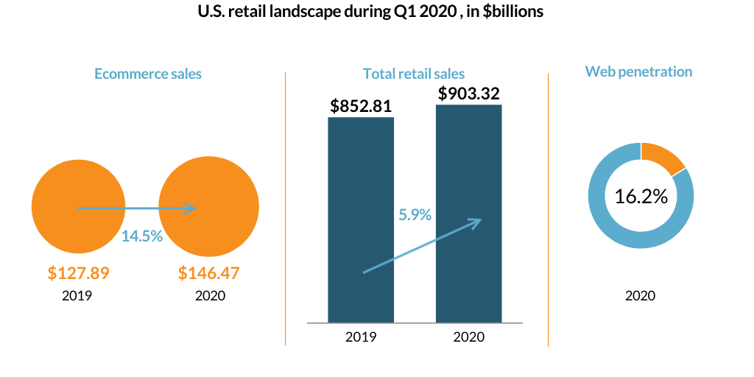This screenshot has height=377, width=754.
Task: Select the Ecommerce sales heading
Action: [x=148, y=74]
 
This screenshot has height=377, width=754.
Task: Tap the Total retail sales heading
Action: [x=414, y=74]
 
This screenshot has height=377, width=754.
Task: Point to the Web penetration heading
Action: [x=638, y=71]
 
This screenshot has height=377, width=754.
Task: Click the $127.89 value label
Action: [x=79, y=273]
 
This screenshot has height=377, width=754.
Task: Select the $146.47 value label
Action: [x=209, y=273]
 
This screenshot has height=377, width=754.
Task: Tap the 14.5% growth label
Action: [x=142, y=237]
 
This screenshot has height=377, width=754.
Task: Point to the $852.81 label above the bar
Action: [x=361, y=106]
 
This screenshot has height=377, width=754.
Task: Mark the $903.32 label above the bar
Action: [x=469, y=94]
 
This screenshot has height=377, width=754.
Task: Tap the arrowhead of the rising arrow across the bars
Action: [x=478, y=221]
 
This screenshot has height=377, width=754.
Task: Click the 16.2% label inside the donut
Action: [x=641, y=197]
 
